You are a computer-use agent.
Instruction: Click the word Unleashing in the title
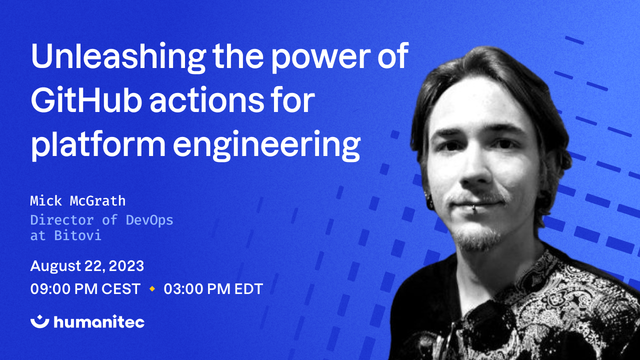point(118,57)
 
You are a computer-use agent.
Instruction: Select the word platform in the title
point(98,144)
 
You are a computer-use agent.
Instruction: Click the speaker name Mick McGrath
point(77,201)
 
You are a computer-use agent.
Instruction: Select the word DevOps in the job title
point(149,220)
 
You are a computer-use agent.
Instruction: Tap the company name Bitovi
point(77,235)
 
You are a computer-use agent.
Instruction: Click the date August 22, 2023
point(87,266)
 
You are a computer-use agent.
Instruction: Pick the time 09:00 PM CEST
point(85,289)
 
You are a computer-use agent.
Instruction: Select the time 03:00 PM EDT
point(213,289)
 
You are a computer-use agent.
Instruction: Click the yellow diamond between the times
point(152,289)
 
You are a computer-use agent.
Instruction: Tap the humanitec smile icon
point(39,321)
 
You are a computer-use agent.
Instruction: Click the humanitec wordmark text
point(99,321)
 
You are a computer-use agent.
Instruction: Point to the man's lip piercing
point(473,209)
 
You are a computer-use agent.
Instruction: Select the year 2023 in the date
point(126,266)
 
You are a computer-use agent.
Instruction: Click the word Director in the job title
point(62,220)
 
